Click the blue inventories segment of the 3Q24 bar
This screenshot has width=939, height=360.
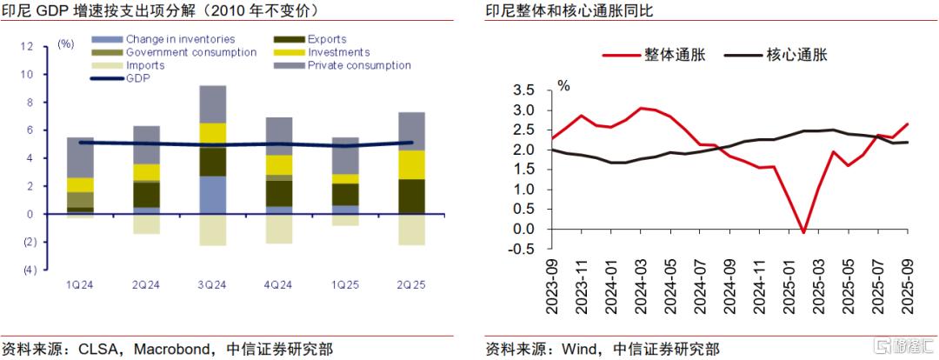pos(213,195)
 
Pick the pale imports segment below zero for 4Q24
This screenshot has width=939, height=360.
pos(279,229)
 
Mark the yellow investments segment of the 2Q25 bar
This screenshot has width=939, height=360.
pos(411,165)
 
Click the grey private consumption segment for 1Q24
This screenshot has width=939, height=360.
pos(81,157)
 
